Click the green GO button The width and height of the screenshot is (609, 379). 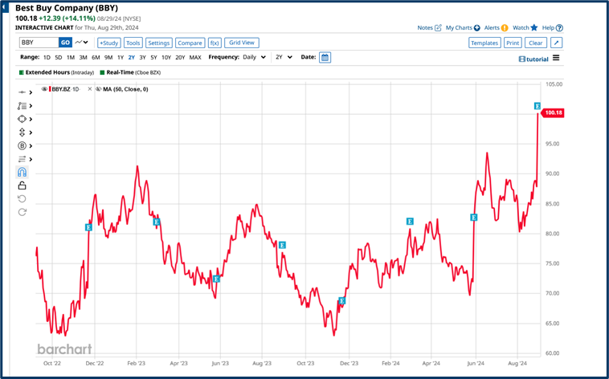(x=66, y=43)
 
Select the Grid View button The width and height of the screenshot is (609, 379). (x=242, y=43)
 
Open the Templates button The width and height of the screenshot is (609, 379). (x=484, y=43)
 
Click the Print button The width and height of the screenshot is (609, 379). (x=513, y=43)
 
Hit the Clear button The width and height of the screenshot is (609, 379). (x=536, y=43)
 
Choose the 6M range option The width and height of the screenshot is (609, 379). (x=96, y=58)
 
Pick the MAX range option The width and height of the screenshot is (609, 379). (x=195, y=58)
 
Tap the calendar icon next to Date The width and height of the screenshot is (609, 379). (x=325, y=58)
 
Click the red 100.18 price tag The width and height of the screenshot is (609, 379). (x=554, y=113)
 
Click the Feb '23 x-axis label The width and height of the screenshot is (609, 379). (x=136, y=363)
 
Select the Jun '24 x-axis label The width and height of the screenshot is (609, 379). (x=476, y=363)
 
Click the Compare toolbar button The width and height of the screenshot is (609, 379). (x=190, y=43)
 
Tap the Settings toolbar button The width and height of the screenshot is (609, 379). (x=159, y=43)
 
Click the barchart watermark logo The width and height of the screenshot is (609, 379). (x=64, y=349)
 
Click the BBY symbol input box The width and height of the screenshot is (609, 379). (x=38, y=43)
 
